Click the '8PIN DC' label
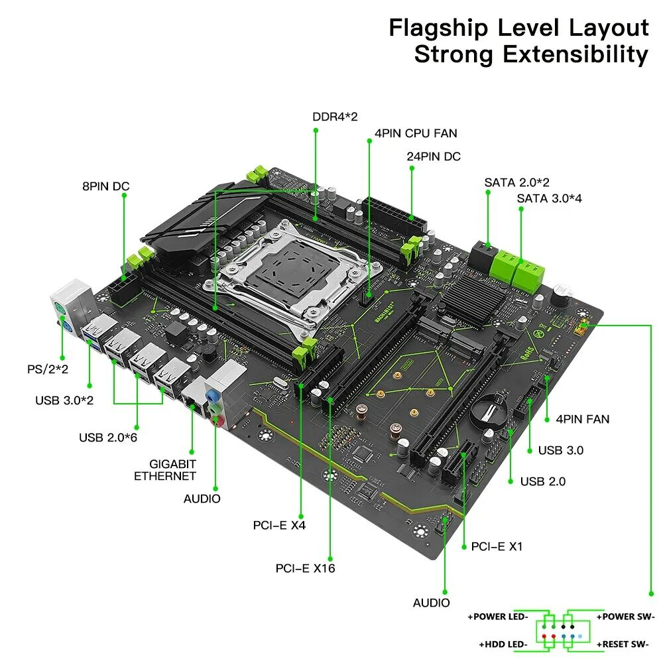coord(105,186)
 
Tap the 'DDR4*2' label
coord(335,117)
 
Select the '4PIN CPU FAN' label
coord(416,133)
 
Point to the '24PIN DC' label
coord(433,156)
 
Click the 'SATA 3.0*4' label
coord(549,198)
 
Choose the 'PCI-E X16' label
coord(306,568)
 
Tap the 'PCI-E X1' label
coord(497,546)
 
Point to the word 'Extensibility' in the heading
coord(575,54)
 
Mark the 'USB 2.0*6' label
coord(107,437)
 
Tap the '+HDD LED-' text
coord(503,644)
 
